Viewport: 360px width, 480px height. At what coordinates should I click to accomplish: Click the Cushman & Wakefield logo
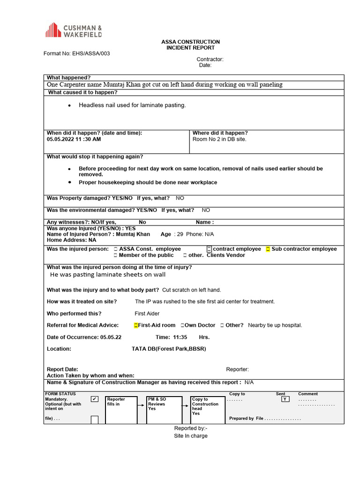(x=73, y=30)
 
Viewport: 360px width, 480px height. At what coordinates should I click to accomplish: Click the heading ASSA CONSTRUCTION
(x=190, y=42)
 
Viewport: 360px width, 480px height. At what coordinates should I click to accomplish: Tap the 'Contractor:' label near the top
(x=210, y=60)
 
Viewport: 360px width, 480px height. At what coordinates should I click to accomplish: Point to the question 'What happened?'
(x=68, y=77)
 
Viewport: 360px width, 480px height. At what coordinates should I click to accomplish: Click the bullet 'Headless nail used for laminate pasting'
(x=132, y=105)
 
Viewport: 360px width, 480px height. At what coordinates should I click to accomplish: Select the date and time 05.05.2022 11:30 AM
(x=74, y=139)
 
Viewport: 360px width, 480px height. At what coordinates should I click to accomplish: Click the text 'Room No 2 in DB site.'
(x=219, y=139)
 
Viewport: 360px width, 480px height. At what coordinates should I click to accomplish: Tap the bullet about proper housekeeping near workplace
(x=148, y=182)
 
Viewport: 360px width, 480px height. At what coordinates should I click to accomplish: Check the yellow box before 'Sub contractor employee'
(x=268, y=249)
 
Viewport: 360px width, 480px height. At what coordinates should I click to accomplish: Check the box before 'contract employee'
(x=209, y=249)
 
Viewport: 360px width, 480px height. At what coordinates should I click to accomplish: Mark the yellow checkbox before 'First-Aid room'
(x=136, y=325)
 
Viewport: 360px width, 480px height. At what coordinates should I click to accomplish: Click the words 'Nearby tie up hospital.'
(x=275, y=325)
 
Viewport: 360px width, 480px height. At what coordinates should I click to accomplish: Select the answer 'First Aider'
(x=147, y=314)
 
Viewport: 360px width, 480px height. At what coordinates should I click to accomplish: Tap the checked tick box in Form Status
(x=95, y=399)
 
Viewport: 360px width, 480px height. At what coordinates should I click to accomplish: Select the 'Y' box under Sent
(x=285, y=399)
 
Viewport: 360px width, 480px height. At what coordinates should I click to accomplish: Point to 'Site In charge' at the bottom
(x=190, y=435)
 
